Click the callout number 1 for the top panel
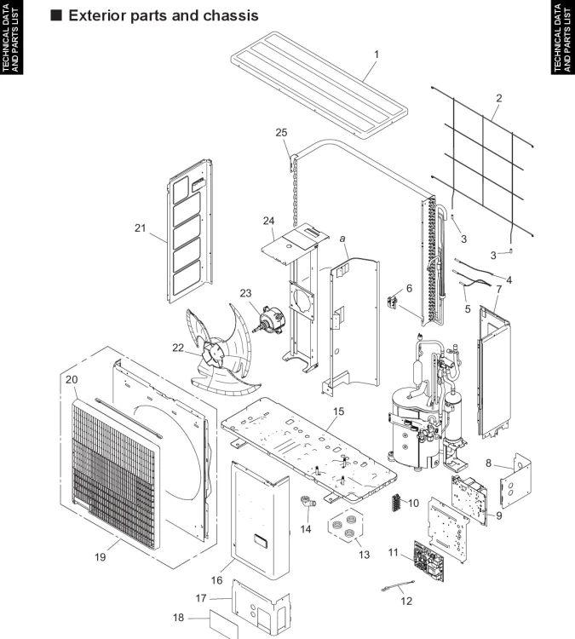(x=377, y=55)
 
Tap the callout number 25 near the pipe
(x=281, y=132)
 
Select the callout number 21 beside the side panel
(x=141, y=227)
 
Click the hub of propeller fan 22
(x=213, y=354)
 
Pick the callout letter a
(x=342, y=239)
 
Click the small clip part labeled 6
(x=394, y=302)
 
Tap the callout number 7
(x=499, y=290)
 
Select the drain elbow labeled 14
(x=308, y=501)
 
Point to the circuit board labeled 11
(x=429, y=561)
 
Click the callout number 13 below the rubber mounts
(x=364, y=555)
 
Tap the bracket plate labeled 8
(x=515, y=481)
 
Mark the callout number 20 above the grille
(x=72, y=379)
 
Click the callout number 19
(x=101, y=556)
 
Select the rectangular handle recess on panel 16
(x=260, y=540)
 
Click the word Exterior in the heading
(x=97, y=15)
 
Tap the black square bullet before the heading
(x=56, y=15)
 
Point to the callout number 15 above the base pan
(x=338, y=412)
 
